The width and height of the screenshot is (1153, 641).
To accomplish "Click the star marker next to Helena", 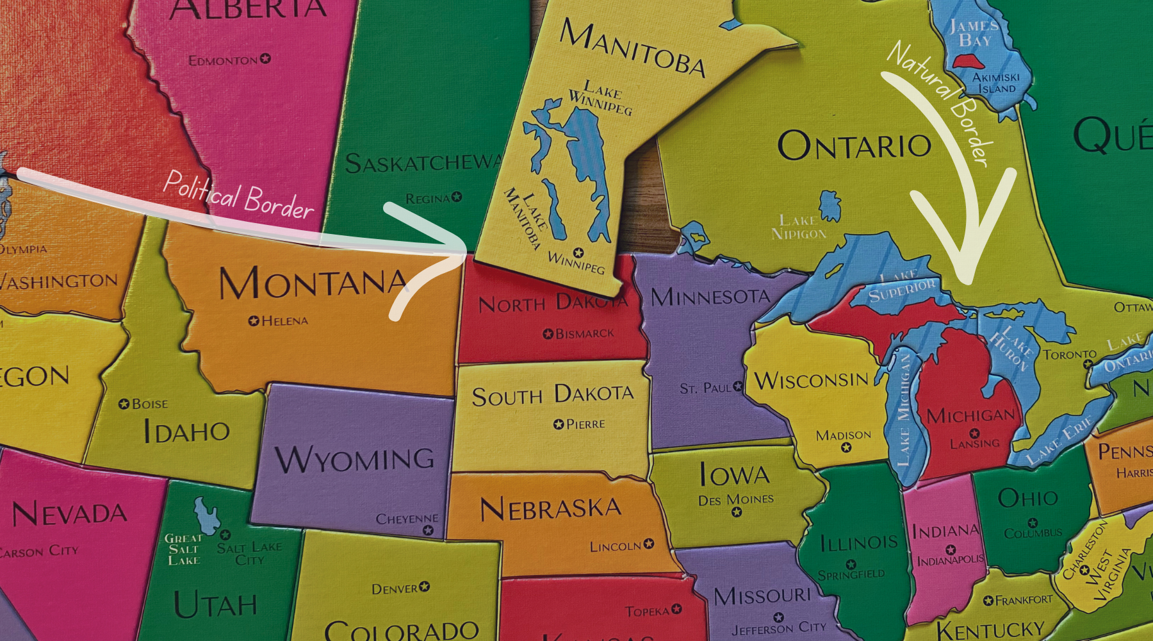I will (254, 320).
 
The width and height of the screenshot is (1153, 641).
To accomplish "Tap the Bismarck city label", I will (584, 334).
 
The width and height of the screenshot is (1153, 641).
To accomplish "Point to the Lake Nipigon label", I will (799, 228).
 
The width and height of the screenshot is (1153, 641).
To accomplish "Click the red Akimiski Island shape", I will (969, 62).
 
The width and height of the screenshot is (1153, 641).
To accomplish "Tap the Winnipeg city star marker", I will (578, 253).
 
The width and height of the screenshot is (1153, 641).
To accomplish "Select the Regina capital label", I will (427, 199).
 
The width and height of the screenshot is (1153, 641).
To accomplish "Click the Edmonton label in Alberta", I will (223, 60).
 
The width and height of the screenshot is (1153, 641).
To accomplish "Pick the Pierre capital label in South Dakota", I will (585, 424).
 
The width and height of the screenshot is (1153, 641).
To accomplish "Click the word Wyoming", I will (355, 459).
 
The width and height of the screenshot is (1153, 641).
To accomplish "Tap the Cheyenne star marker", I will (429, 530).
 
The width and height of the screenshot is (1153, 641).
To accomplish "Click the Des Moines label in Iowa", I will (736, 499).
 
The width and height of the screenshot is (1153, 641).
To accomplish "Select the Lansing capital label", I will (974, 444).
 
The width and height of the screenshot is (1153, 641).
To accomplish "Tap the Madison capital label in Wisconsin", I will (843, 436).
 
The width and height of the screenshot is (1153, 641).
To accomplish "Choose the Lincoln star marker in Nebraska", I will (649, 544).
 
